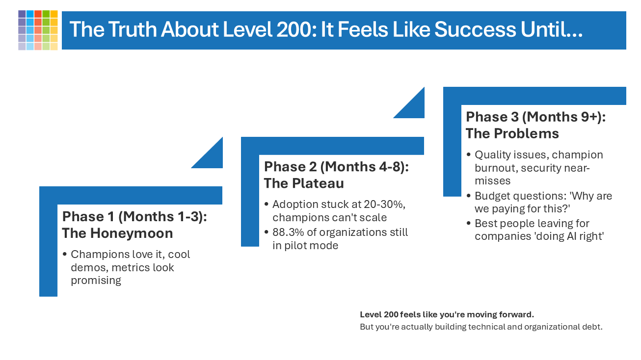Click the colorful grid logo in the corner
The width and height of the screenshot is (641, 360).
click(x=38, y=30)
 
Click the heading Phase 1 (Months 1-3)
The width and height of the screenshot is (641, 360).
click(x=134, y=216)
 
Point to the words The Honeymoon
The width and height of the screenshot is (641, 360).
click(x=117, y=233)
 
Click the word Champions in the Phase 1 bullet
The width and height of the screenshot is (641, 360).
click(x=97, y=254)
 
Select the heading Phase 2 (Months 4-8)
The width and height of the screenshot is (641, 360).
click(x=336, y=166)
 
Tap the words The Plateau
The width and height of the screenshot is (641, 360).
click(x=303, y=183)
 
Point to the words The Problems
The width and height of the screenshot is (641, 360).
click(x=512, y=133)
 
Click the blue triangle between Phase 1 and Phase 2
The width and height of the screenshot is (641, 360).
click(x=213, y=157)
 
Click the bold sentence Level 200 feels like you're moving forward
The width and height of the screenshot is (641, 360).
click(x=447, y=314)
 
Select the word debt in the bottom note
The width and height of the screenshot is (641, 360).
click(x=592, y=327)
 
